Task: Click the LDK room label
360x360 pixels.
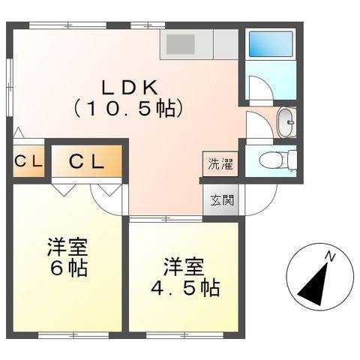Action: click(x=130, y=87)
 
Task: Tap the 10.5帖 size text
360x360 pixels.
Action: click(x=130, y=109)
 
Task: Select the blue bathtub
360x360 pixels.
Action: click(x=271, y=44)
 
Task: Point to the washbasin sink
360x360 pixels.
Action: click(x=286, y=122)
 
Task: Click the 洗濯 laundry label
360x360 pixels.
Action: click(x=220, y=164)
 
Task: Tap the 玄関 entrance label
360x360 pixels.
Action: click(x=222, y=200)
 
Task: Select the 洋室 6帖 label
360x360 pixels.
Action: click(x=67, y=257)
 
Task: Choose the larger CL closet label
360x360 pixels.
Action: click(x=86, y=162)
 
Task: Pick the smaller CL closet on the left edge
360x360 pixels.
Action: click(x=28, y=162)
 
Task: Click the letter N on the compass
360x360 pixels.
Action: click(x=330, y=256)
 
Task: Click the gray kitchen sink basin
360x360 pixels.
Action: click(x=181, y=44)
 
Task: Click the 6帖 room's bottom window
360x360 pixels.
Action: click(x=73, y=335)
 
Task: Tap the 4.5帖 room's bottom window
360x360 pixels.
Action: click(x=184, y=335)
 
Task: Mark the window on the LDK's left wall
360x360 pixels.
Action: click(x=10, y=87)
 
